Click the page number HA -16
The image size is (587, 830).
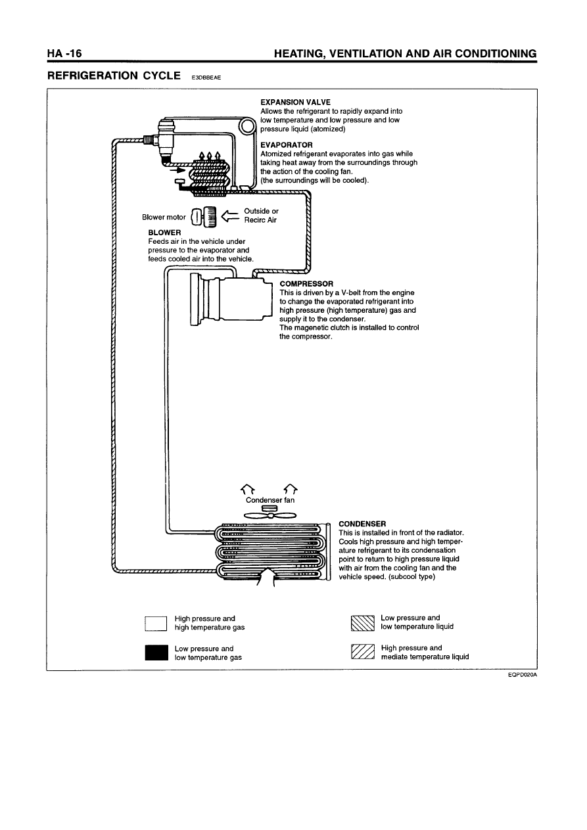64,53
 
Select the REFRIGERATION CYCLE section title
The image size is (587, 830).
114,76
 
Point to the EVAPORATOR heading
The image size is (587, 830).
287,145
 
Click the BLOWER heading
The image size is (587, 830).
164,233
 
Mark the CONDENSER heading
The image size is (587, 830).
362,524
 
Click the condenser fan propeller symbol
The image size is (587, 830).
270,515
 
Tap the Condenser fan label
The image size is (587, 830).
270,500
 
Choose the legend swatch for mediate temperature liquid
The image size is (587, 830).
362,653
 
